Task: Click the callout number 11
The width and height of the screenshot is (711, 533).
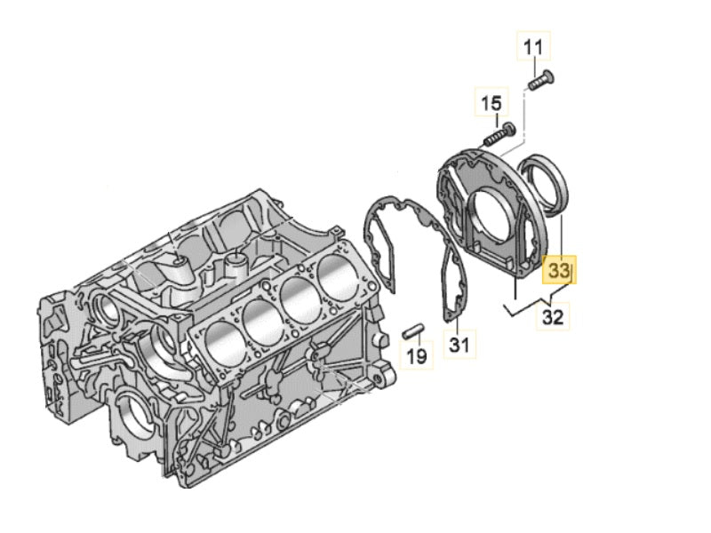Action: (535, 47)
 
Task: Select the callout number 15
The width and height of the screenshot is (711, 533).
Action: (491, 105)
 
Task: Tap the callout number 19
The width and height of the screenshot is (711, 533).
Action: (416, 357)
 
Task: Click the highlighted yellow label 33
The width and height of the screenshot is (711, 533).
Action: (560, 267)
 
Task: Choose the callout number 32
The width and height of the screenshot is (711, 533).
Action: (553, 317)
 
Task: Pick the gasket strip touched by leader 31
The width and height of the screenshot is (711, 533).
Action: (453, 280)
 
